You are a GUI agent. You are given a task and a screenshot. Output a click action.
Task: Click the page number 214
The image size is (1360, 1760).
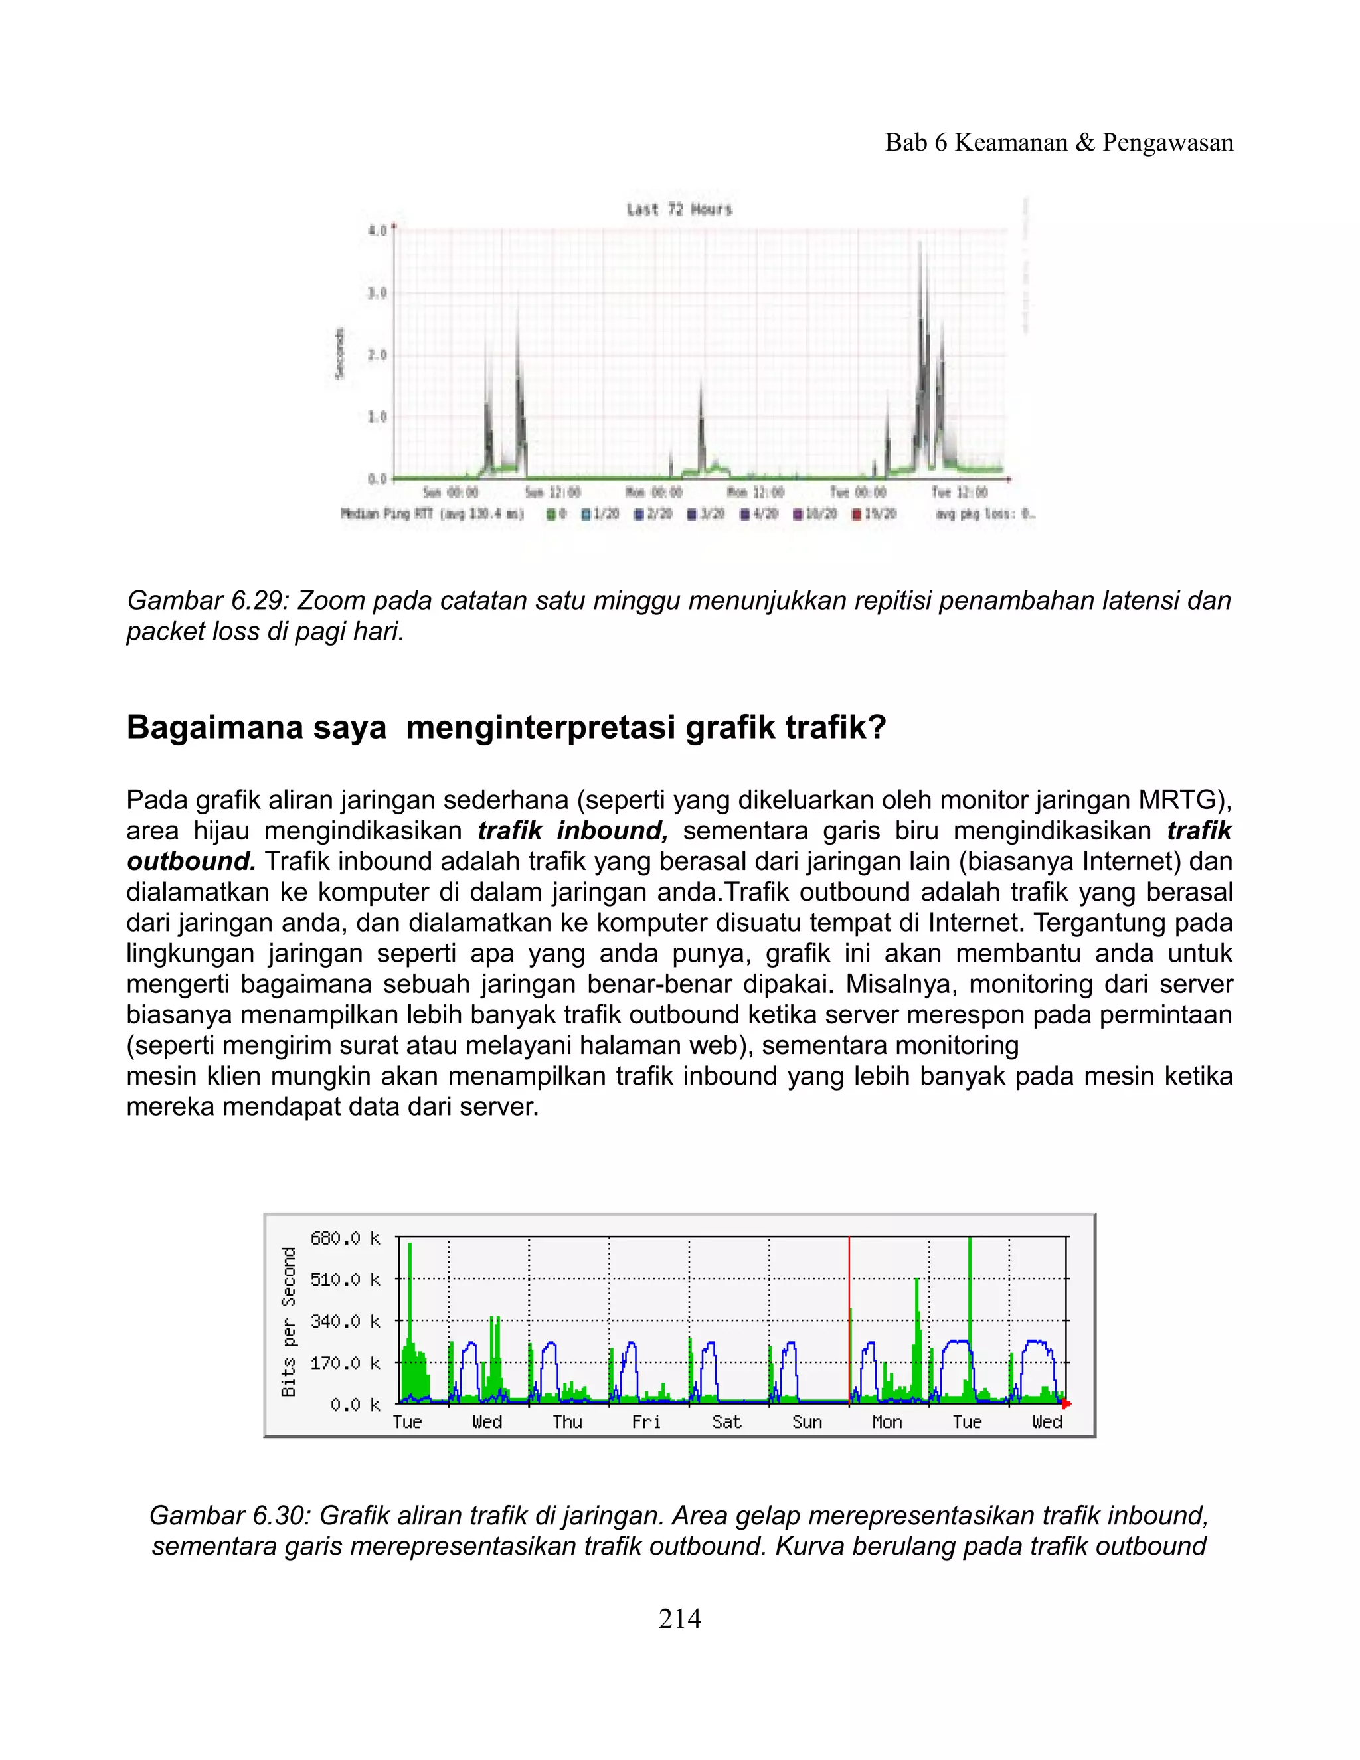point(679,1618)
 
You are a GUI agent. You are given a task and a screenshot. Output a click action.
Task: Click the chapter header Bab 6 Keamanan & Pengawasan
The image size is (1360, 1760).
point(1059,143)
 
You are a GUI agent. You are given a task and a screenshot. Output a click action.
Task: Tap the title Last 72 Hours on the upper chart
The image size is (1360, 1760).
point(679,209)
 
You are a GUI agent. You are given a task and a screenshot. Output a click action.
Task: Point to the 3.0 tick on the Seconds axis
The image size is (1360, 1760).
point(377,294)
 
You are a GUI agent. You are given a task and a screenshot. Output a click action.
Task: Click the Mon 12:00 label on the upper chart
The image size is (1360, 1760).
point(755,492)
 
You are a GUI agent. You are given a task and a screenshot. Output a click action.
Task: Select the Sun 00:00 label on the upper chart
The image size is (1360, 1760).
point(450,492)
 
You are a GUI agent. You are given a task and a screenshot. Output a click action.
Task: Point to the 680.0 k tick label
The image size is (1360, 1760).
point(345,1238)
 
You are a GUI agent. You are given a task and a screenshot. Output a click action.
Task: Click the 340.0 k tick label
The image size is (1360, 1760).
point(345,1322)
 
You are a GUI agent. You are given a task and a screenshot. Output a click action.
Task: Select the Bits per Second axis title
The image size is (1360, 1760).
point(288,1322)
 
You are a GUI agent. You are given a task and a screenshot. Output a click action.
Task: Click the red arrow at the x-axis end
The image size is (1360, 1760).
point(1066,1405)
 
